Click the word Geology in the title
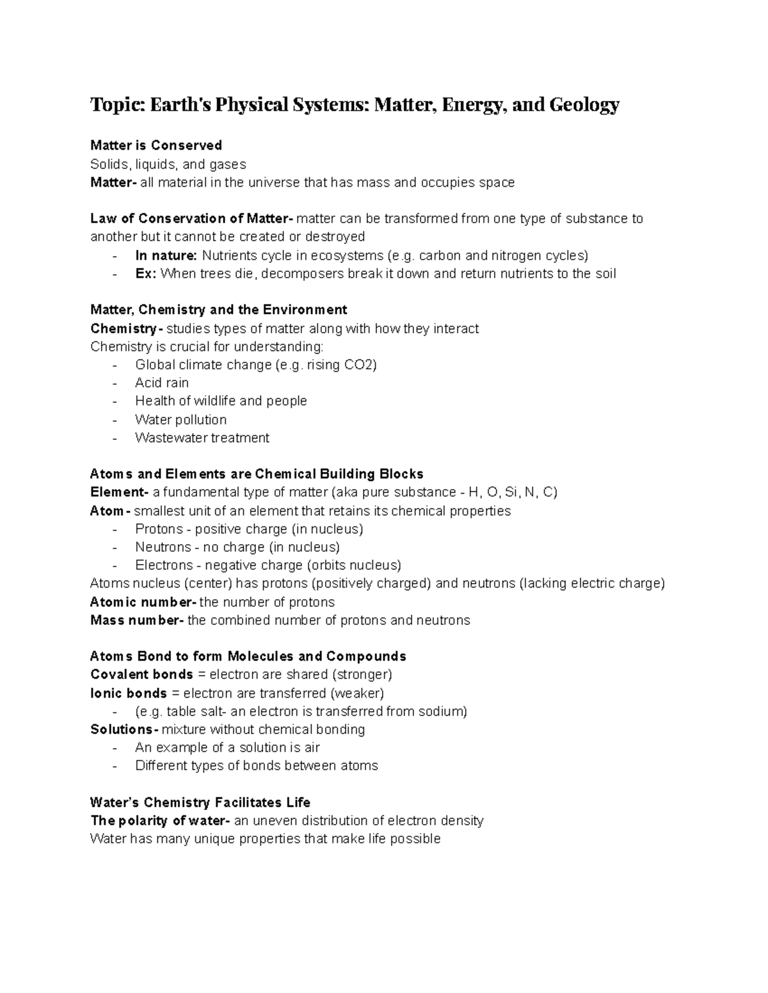584,104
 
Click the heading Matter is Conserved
156,145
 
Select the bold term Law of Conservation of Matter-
192,219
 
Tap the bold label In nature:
166,256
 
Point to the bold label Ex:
145,274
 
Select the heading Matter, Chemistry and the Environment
219,310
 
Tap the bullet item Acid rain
162,383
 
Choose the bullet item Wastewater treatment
202,438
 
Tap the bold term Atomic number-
143,602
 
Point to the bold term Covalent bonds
141,675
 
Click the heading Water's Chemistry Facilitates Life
200,802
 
